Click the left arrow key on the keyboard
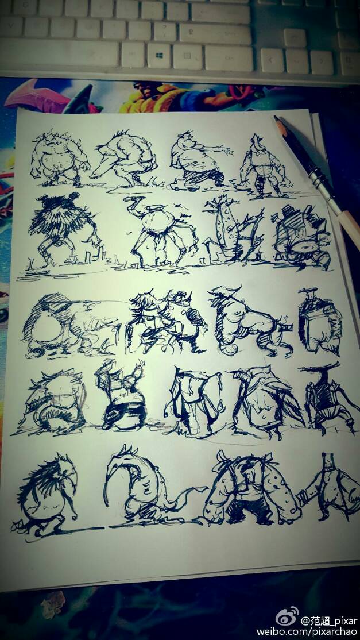point(272,60)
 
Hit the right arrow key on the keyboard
point(322,63)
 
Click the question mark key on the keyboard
point(165,32)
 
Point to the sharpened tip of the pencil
point(276,118)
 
